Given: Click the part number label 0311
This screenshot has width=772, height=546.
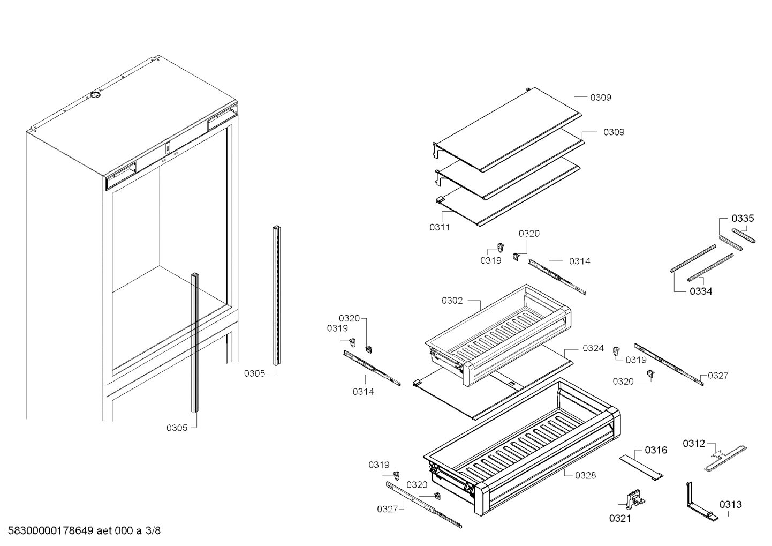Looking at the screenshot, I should pos(440,227).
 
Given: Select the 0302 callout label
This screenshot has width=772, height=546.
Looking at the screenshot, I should pos(452,301).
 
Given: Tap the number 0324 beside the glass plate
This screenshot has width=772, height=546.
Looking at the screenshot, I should pos(593,348).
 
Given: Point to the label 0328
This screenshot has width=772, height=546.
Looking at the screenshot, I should pos(585,475).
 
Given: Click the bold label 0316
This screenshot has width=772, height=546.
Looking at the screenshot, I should pos(656,450).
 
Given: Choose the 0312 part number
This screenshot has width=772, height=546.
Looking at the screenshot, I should pos(694,443).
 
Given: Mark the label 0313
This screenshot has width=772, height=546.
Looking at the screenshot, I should pos(730,504).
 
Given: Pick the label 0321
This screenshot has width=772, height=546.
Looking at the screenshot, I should pos(620,518).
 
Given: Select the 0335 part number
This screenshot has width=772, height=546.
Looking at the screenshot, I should pos(743,218).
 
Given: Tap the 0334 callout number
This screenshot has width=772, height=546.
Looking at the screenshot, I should pos(701,291).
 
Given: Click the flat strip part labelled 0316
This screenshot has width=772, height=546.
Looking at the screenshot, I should pos(641,467).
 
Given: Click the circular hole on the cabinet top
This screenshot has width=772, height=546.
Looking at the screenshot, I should pos(95,95).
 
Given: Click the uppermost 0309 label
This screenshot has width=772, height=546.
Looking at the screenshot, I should pos(601,98).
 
